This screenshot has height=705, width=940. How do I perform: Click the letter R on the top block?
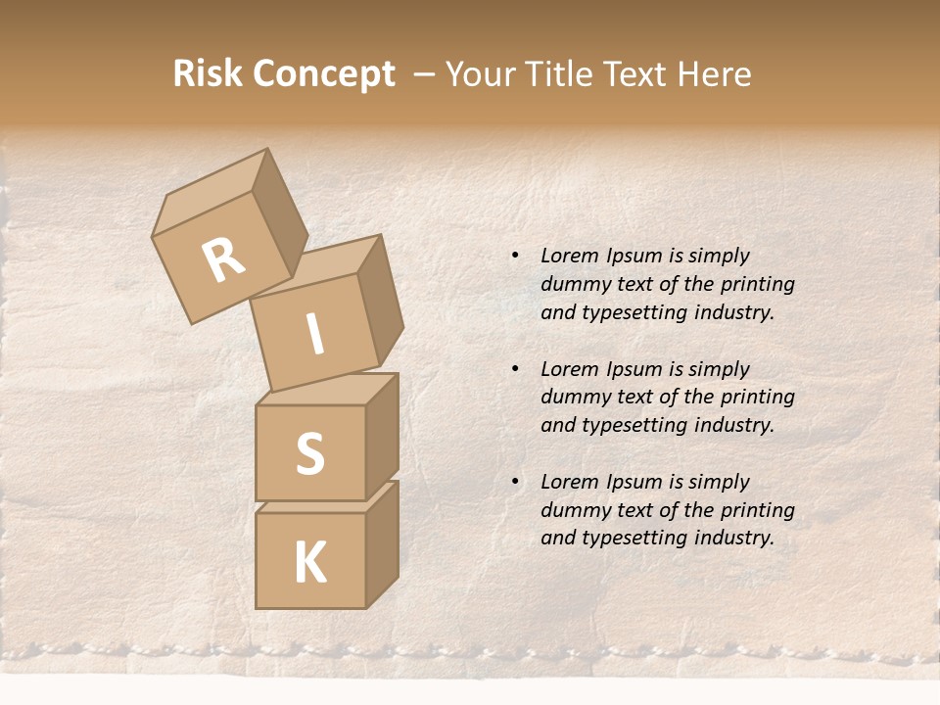pyautogui.click(x=223, y=260)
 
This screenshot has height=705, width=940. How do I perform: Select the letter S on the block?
pyautogui.click(x=309, y=453)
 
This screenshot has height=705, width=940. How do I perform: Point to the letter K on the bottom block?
pyautogui.click(x=309, y=563)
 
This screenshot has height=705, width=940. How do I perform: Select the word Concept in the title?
pyautogui.click(x=322, y=74)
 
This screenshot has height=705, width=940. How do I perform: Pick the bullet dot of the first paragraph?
pyautogui.click(x=515, y=256)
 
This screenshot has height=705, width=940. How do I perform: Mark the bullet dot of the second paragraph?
pyautogui.click(x=515, y=369)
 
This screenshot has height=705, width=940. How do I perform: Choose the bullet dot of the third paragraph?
pyautogui.click(x=515, y=482)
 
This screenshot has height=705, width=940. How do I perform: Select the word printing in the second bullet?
pyautogui.click(x=757, y=398)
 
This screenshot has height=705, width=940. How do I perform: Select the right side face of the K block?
pyautogui.click(x=382, y=543)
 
